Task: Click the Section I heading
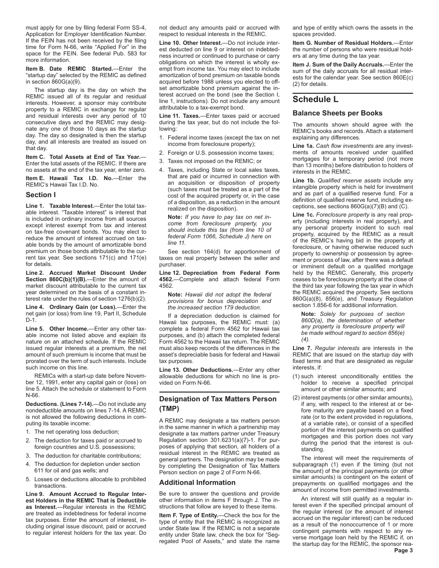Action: coord(41,194)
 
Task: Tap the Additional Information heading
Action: coord(197,483)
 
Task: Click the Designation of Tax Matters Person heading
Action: coord(218,399)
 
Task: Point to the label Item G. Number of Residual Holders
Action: coord(346,42)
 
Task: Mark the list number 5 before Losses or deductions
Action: coord(28,479)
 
